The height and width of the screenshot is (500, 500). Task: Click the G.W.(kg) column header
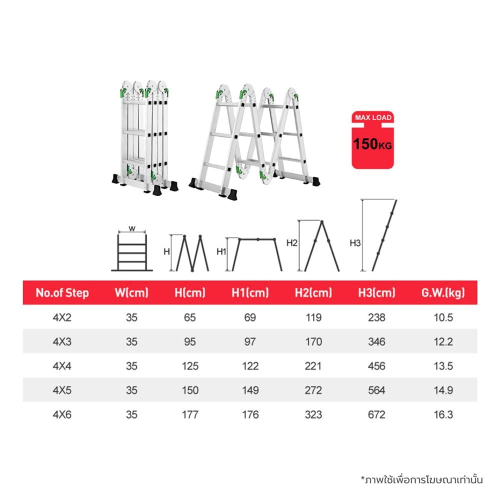(x=443, y=292)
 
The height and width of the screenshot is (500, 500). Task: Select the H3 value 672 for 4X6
(x=376, y=414)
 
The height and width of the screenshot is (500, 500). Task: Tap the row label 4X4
(x=62, y=366)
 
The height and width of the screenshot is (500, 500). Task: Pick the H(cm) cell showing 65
(x=189, y=317)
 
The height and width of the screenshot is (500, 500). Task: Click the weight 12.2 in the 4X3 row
(x=443, y=341)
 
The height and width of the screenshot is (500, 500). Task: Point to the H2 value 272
(x=313, y=390)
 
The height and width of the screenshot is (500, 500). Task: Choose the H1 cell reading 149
(x=250, y=390)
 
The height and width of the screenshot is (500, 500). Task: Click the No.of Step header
(x=62, y=292)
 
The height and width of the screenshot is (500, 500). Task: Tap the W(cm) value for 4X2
(x=131, y=317)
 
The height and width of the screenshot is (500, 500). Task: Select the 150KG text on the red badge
(x=372, y=144)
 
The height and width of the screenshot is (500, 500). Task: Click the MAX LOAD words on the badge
(x=373, y=117)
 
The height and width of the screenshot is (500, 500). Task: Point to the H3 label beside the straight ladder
(x=355, y=243)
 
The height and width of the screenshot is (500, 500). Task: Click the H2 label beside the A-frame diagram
(x=292, y=243)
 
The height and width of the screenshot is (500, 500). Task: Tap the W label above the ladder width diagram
(x=132, y=228)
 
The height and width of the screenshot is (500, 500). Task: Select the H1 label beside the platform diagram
(x=221, y=251)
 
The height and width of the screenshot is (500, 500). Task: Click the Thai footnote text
(x=421, y=479)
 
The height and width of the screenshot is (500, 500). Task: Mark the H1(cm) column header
(x=250, y=292)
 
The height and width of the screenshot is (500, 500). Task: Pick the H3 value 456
(x=376, y=366)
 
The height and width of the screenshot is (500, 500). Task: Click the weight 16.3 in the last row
(x=443, y=414)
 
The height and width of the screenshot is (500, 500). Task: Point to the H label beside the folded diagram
(x=166, y=251)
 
